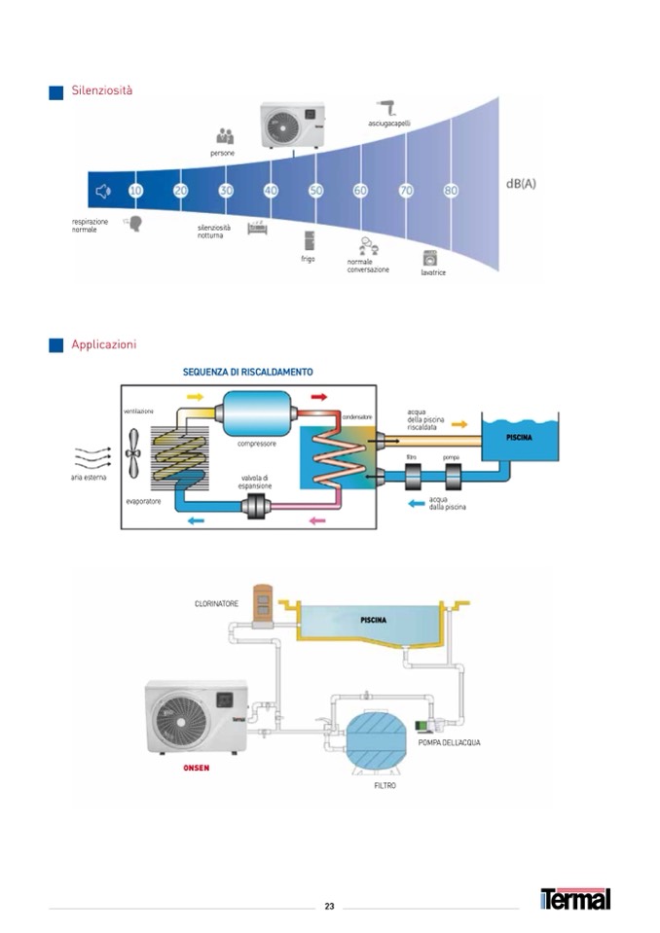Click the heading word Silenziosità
click(x=101, y=90)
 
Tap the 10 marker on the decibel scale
click(x=135, y=191)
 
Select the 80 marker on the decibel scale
click(x=451, y=191)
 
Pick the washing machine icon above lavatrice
click(x=430, y=259)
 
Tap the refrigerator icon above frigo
click(x=309, y=240)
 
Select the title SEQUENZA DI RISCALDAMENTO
click(x=248, y=372)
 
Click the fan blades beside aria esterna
click(x=134, y=450)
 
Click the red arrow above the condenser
click(x=318, y=397)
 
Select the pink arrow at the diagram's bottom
click(x=317, y=521)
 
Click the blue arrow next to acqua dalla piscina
click(x=416, y=503)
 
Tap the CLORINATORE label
click(x=216, y=603)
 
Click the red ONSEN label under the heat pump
click(x=196, y=767)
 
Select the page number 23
click(x=329, y=906)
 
